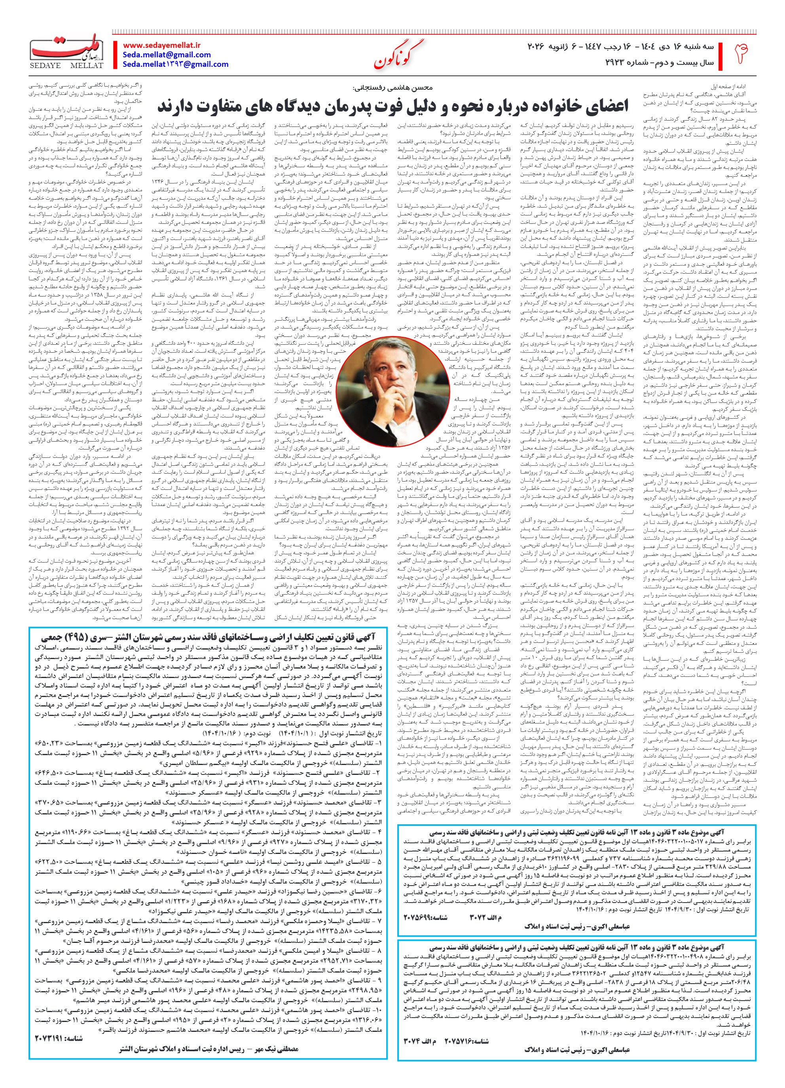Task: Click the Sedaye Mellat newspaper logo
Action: coord(67,51)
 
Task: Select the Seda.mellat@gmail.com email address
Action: coord(166,55)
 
